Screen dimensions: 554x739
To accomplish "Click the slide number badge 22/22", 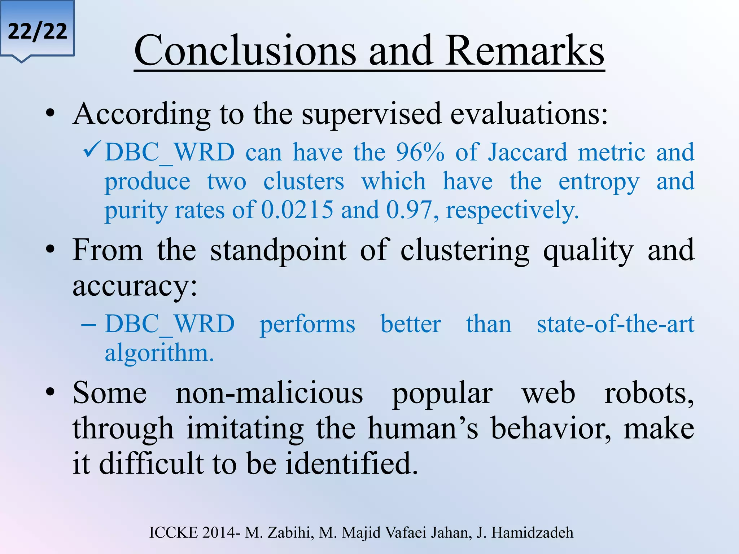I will (37, 31).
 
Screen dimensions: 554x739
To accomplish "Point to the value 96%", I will (420, 152).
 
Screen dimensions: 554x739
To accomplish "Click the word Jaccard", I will (528, 152).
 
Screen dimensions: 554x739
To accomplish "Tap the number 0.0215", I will (297, 210).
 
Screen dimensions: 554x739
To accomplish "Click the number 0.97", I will (409, 210).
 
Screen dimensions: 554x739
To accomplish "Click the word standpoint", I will (278, 251).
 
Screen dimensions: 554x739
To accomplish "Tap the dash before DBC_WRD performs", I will (89, 324).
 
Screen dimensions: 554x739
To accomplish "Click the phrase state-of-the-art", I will (615, 324).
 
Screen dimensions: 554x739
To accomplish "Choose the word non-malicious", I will (269, 393).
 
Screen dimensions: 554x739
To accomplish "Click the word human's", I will (423, 429).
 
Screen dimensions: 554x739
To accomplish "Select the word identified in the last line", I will (351, 463).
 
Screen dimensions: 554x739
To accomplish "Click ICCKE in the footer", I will (174, 533).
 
